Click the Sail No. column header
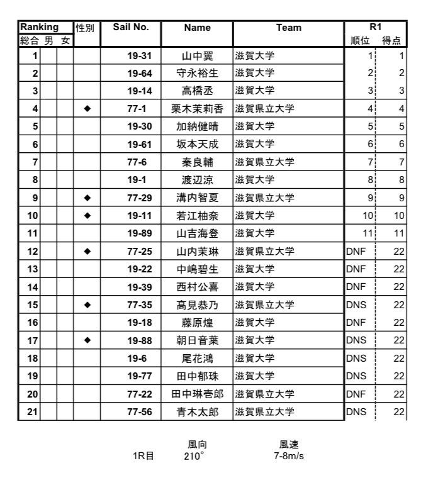point(130,28)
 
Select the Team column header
point(288,28)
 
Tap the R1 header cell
point(375,28)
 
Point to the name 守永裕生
point(198,73)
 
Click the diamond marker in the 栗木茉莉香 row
point(87,108)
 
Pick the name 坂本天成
point(198,144)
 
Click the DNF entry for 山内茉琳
point(356,252)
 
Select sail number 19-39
point(139,287)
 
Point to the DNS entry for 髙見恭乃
point(356,305)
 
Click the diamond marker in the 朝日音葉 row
point(87,341)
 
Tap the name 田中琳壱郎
point(198,394)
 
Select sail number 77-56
point(139,413)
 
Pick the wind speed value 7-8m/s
point(289,454)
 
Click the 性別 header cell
point(86,28)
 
